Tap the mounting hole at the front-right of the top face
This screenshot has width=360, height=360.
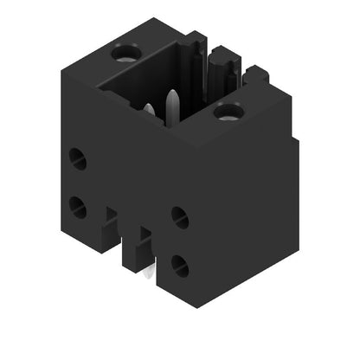(x=228, y=110)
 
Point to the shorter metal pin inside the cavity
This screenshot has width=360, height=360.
(x=149, y=111)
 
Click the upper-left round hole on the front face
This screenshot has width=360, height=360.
(x=77, y=157)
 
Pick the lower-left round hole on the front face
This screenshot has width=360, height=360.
(x=77, y=206)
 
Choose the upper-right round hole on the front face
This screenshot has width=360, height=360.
(x=180, y=217)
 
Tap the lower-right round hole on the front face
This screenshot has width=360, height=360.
(x=180, y=265)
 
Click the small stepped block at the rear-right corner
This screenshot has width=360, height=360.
(x=256, y=76)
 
